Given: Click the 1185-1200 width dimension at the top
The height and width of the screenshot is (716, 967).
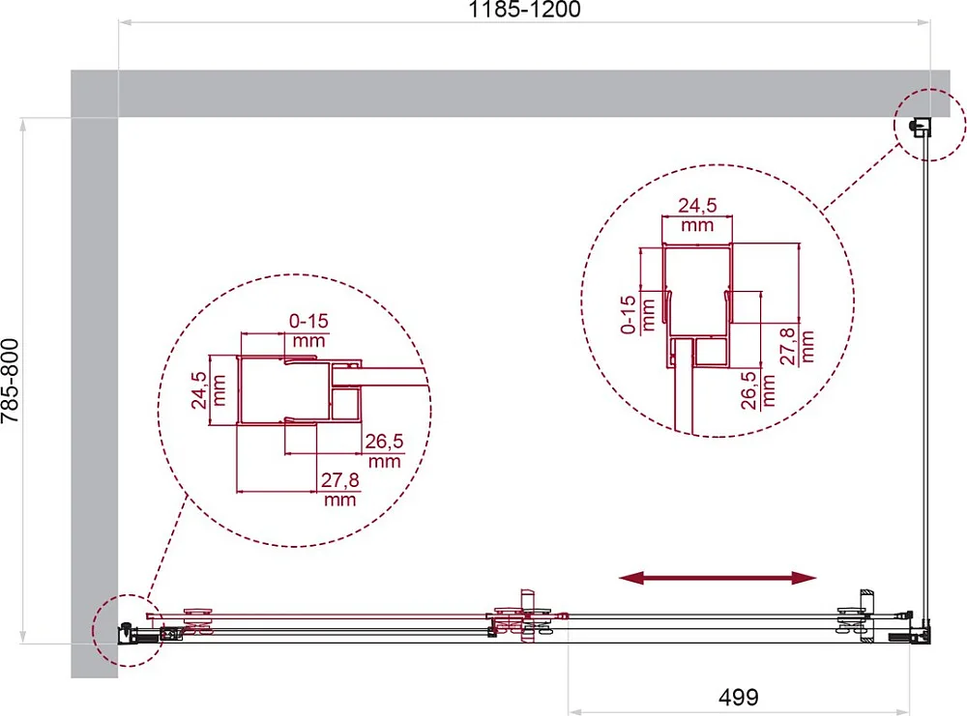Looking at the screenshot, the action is pos(524,10).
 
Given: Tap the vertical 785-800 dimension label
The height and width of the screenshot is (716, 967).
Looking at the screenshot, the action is pos(11,381).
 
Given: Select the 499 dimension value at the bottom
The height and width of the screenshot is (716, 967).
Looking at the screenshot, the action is pos(738,697).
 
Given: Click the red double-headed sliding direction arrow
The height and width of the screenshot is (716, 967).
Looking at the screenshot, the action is pos(718,578).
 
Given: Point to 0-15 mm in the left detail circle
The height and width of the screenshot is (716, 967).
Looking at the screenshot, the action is pos(308,330).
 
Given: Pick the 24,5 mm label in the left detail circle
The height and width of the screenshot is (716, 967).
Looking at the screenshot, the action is pos(209,390).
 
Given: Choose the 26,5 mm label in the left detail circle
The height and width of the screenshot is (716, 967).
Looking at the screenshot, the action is pos(384,450).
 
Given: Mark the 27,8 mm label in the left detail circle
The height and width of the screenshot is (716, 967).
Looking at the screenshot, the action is pos(339,489).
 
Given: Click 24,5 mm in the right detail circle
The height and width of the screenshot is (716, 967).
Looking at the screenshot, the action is pos(697,215).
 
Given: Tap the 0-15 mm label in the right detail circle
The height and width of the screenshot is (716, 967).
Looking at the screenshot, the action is pos(637,315).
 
